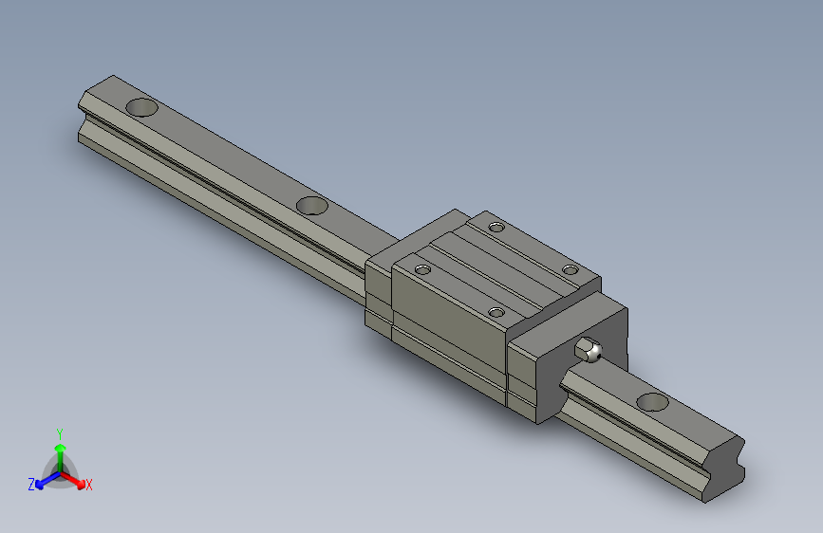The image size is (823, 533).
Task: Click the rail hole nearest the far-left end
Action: point(141,107)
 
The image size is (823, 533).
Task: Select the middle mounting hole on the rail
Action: point(311,205)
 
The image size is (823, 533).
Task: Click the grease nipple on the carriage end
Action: point(590,351)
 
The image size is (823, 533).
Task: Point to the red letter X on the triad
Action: point(89,485)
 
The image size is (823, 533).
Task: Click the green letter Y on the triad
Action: point(59,432)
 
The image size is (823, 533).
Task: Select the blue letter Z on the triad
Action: point(31,484)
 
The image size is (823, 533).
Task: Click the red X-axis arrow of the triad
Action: point(76,479)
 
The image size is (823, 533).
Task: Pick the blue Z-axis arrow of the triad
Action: point(44,480)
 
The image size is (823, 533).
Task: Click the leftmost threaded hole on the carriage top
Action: point(421,270)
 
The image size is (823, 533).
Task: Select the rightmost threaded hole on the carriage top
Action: point(570,270)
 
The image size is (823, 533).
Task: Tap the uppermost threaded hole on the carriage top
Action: point(496,226)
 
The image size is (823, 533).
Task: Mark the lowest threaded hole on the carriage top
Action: point(496,311)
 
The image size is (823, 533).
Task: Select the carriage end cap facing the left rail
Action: point(378,289)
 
